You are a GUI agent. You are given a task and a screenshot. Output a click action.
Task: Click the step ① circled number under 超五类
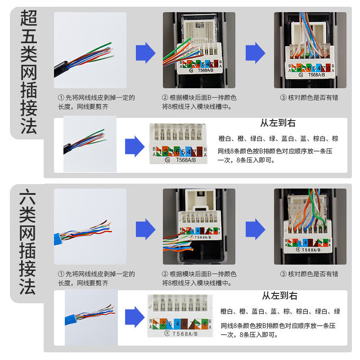point(61,98)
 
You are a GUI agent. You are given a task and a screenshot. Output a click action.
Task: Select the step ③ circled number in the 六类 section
point(283,274)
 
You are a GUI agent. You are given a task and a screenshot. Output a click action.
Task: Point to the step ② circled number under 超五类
point(165,98)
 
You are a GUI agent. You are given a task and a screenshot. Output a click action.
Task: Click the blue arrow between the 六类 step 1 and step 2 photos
point(145,229)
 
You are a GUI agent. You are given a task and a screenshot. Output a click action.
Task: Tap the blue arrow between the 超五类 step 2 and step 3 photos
point(255,53)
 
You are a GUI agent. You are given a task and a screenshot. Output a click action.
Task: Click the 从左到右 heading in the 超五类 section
point(278,123)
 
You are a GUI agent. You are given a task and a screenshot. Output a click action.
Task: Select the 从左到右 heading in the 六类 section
point(279,296)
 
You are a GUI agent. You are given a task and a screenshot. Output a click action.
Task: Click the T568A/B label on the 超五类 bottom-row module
point(184,160)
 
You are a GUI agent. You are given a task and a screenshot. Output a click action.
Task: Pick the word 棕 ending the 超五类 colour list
point(335,139)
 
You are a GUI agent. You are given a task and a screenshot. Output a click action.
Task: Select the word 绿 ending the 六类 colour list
point(337,311)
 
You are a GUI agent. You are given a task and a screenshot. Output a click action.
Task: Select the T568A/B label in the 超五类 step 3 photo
point(315,75)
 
